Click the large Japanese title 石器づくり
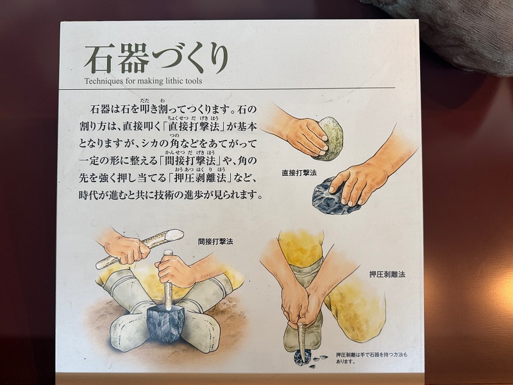[156, 58]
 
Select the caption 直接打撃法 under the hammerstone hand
[299, 173]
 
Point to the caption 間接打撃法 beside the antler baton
[215, 242]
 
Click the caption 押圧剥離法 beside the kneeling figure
[387, 275]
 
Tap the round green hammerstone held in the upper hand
[330, 139]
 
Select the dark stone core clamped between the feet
[166, 323]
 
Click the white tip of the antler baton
[174, 234]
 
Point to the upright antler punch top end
[168, 252]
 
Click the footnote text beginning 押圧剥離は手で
[372, 358]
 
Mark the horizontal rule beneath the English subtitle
[227, 89]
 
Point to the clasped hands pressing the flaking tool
[299, 305]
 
